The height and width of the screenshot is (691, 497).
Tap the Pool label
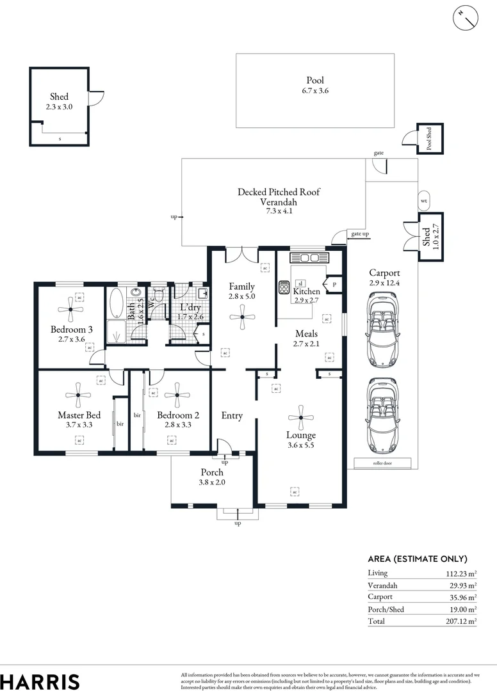pos(314,81)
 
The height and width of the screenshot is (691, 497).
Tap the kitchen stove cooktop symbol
pos(284,288)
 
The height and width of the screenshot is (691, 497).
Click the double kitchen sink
pos(309,258)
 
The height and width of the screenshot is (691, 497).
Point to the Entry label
pos(232,416)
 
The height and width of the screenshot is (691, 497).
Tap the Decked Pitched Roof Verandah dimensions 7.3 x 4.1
pos(279,210)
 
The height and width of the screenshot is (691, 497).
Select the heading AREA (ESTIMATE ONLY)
pos(418,559)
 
